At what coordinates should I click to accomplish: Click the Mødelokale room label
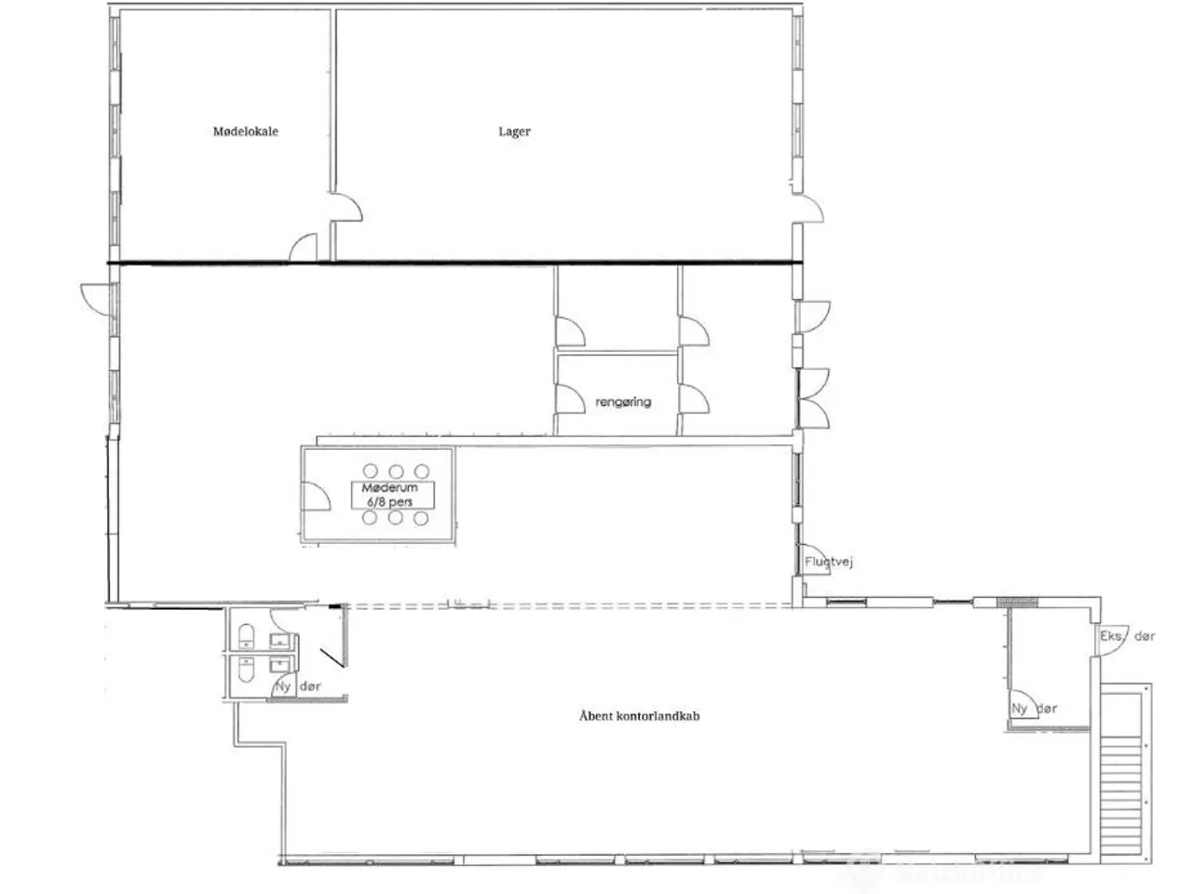(246, 131)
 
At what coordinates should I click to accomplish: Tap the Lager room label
(514, 132)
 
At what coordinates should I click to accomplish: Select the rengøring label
(623, 402)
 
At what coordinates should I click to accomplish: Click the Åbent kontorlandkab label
(639, 716)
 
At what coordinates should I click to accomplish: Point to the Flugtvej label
(829, 562)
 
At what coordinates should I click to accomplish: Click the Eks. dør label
(1128, 636)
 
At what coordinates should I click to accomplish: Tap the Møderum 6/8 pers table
(393, 494)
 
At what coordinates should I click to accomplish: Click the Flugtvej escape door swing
(815, 559)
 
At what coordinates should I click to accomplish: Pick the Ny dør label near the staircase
(1034, 709)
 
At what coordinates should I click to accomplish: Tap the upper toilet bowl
(246, 636)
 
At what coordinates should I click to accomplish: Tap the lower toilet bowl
(246, 670)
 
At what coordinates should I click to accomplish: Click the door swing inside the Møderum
(316, 496)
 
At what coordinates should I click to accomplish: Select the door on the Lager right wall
(807, 209)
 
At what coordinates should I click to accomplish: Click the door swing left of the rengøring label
(570, 398)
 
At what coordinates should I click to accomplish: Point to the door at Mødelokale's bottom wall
(303, 248)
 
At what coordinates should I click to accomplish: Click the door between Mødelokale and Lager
(345, 207)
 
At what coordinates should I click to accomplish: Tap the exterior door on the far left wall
(97, 299)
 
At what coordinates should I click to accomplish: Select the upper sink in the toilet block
(279, 641)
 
